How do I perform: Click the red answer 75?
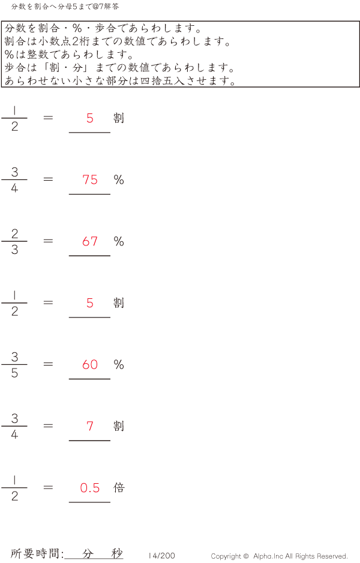click(x=90, y=179)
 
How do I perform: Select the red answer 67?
click(x=90, y=241)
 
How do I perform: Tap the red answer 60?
click(x=90, y=364)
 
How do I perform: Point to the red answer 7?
click(x=90, y=426)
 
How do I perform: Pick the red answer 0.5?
click(x=90, y=488)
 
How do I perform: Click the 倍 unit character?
click(x=119, y=487)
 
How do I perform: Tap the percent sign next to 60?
click(x=119, y=364)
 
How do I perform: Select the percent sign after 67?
click(x=119, y=241)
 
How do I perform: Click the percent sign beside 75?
click(x=119, y=179)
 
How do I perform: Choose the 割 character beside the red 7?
click(x=119, y=426)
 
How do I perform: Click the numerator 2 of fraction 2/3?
click(x=14, y=233)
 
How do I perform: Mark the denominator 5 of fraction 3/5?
click(x=14, y=373)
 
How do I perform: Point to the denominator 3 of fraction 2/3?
click(x=14, y=250)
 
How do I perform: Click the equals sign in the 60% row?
click(x=48, y=364)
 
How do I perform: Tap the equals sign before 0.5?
click(x=48, y=487)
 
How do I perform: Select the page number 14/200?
click(x=162, y=556)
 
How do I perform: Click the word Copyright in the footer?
click(x=226, y=556)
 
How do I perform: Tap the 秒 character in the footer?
click(x=117, y=553)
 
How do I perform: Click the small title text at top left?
click(x=65, y=7)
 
